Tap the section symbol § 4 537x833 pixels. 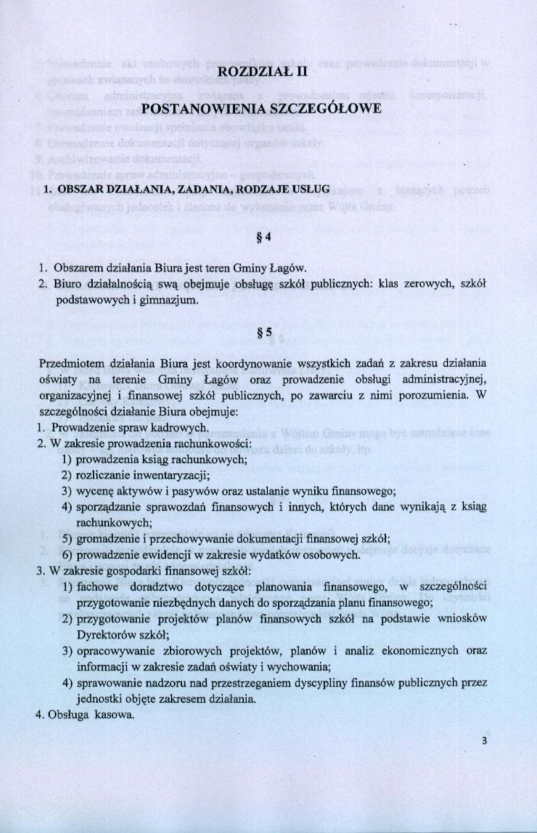click(268, 236)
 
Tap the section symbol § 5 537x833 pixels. click(268, 332)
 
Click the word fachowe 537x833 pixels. click(95, 587)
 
